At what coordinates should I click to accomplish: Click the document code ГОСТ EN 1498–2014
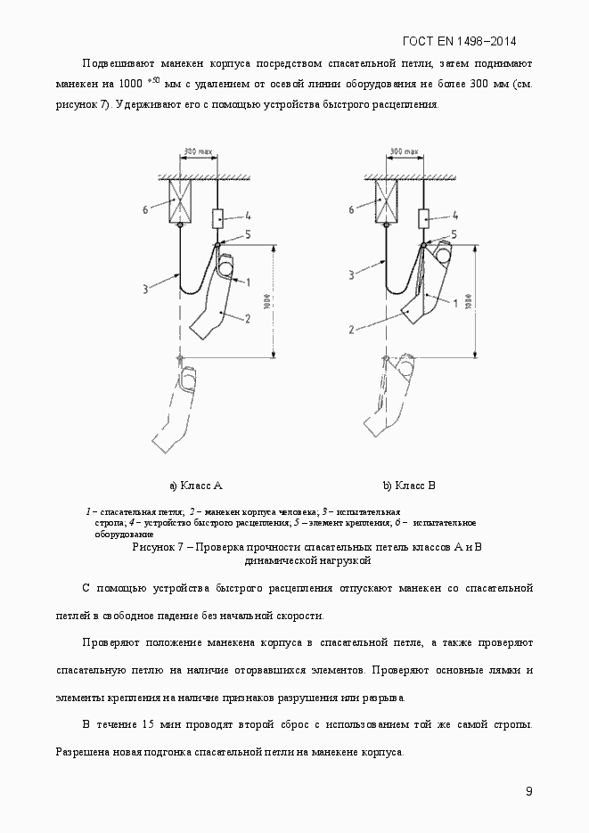point(459,41)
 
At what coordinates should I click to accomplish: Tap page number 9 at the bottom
point(529,791)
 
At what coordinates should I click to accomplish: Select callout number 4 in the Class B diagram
point(456,215)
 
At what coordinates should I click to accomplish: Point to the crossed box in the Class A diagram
point(181,200)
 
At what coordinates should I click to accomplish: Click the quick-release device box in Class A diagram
point(217,216)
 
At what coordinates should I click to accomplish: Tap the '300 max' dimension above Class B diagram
point(403,152)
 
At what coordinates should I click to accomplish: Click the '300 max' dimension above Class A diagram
point(197,152)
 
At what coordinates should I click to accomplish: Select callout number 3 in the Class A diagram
point(144,288)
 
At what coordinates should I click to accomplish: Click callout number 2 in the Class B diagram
point(352,329)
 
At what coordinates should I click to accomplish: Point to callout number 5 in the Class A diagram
point(249,233)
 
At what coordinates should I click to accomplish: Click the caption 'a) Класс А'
point(195,486)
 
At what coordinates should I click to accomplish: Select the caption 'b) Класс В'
point(409,486)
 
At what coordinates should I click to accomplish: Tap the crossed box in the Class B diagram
point(386,200)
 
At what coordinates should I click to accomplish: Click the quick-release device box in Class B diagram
point(424,216)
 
